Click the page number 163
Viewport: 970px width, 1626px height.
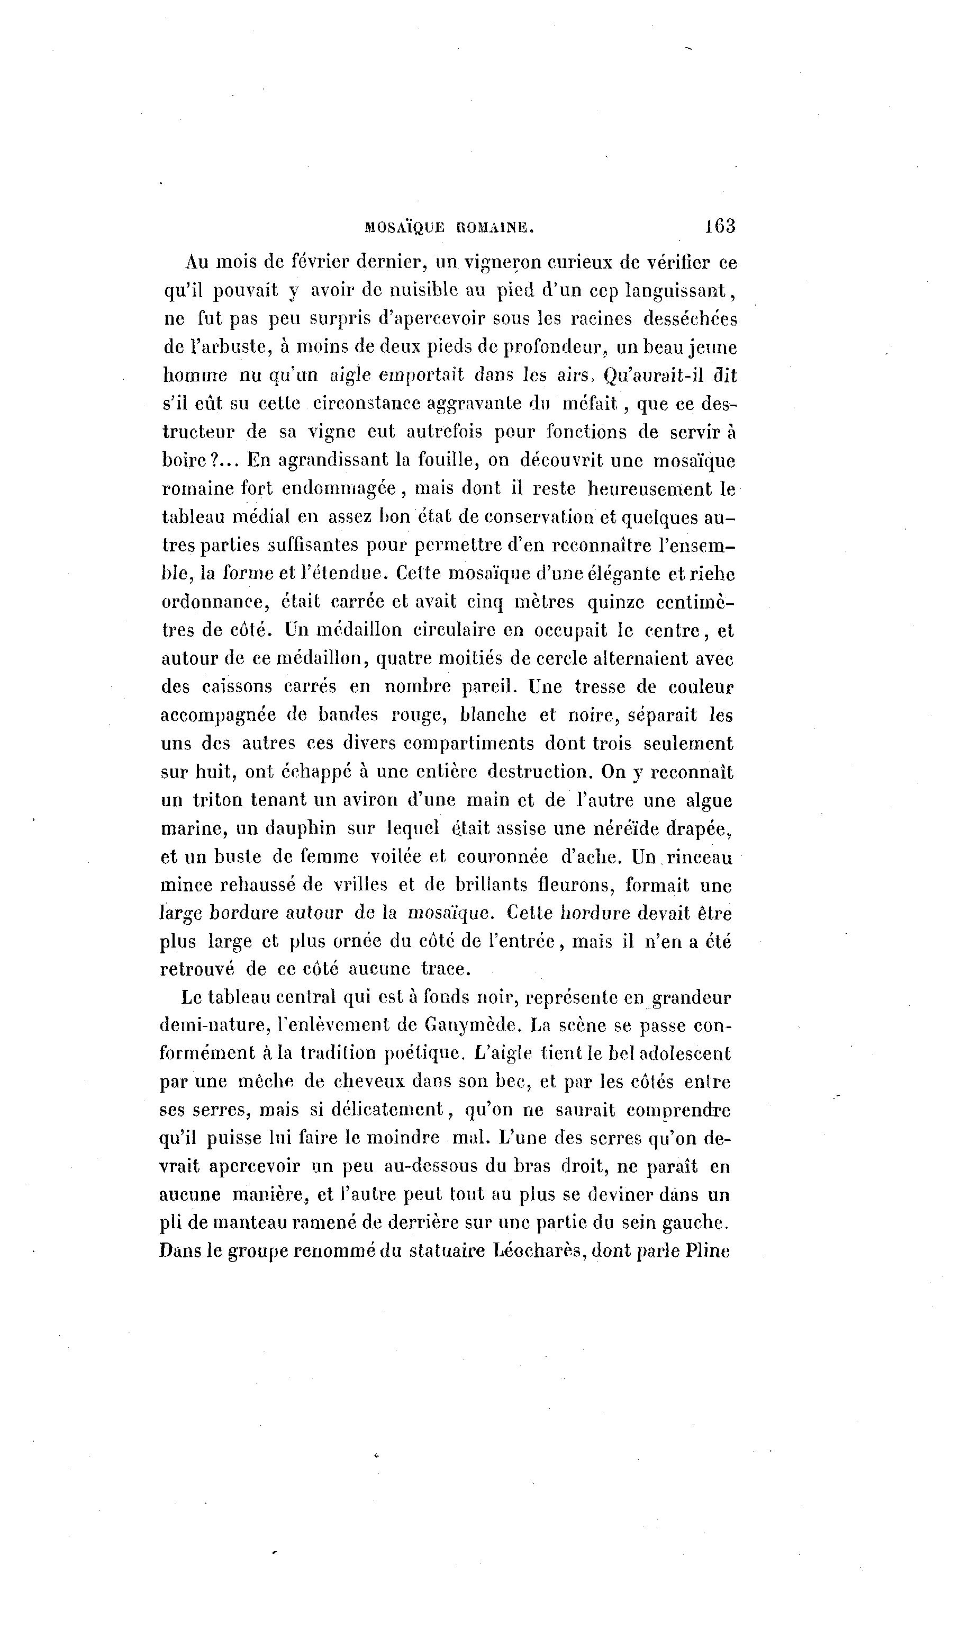[x=720, y=226]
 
